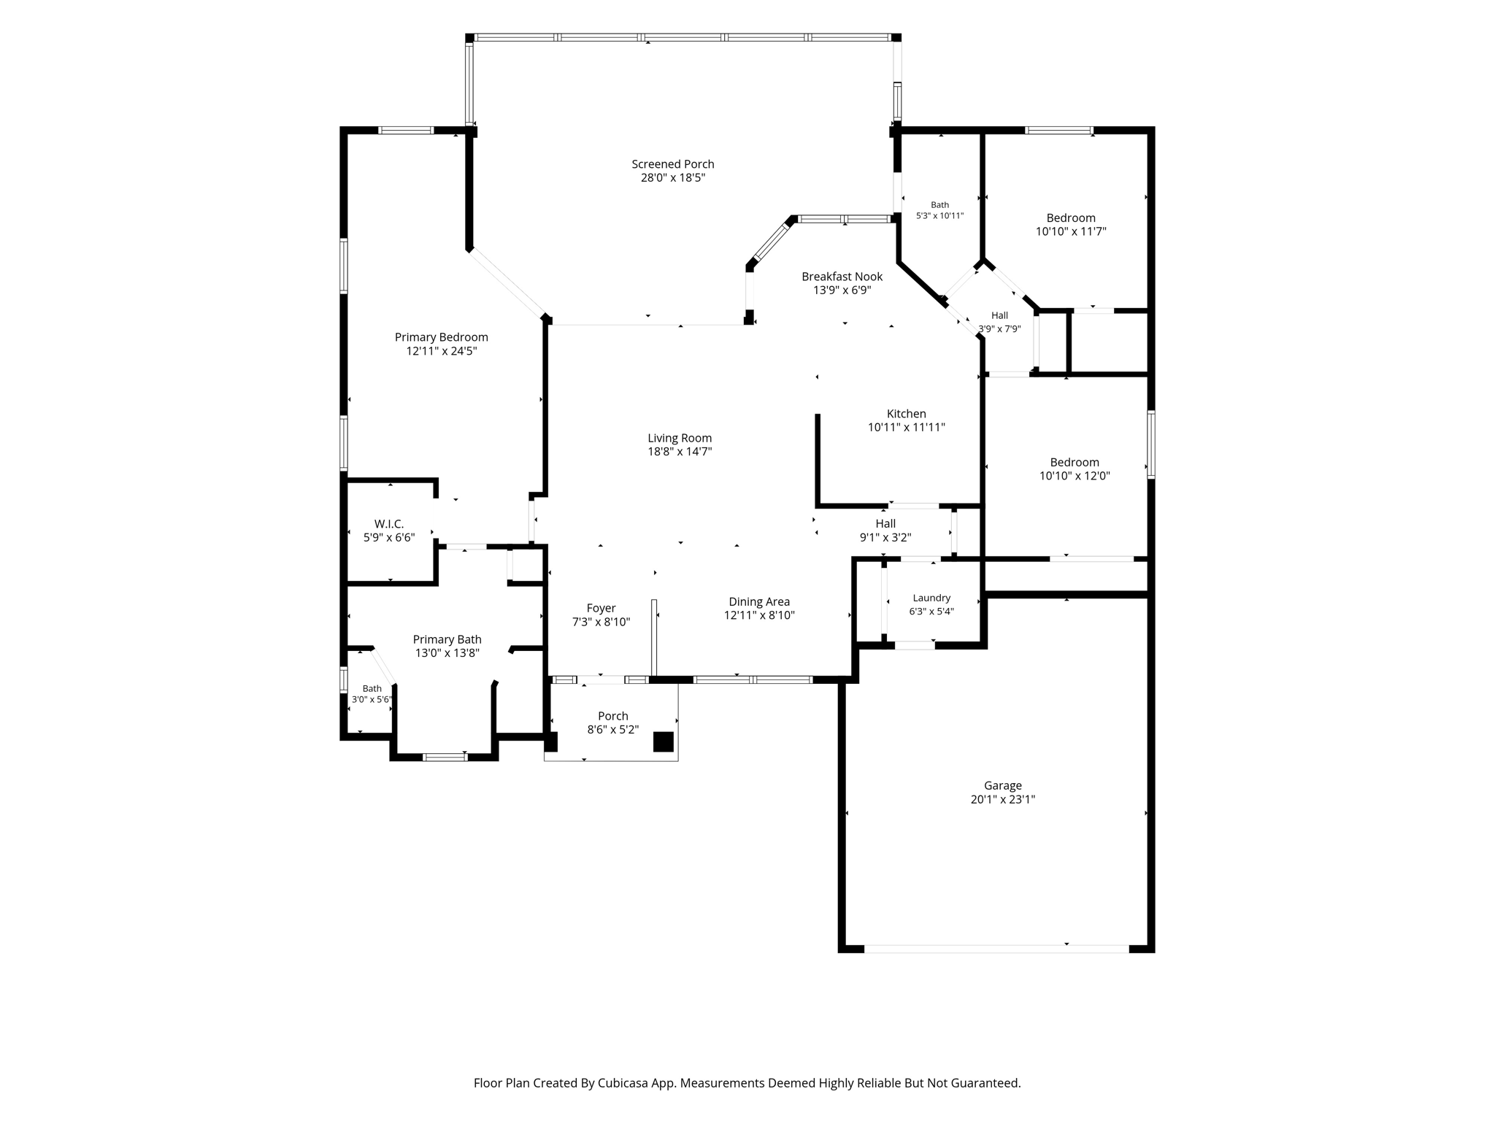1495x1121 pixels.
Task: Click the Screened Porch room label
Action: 673,164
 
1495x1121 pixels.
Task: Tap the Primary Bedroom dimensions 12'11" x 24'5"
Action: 442,351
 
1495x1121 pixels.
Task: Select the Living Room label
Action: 680,438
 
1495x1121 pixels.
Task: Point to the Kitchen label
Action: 907,414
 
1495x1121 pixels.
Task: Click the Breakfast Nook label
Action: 842,277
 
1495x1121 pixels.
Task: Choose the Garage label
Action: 1002,786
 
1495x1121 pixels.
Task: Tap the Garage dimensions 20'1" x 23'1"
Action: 1003,799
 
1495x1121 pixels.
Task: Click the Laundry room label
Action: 931,598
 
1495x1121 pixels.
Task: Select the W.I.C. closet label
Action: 389,524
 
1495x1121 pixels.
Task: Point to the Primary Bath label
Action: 447,640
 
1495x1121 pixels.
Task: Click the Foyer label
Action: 602,609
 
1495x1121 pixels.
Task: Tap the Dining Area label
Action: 759,602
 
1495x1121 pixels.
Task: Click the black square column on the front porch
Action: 663,741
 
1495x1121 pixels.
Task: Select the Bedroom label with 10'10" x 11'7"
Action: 1071,218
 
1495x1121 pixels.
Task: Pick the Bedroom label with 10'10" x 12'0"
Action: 1075,463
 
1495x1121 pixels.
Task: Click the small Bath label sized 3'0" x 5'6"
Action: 372,689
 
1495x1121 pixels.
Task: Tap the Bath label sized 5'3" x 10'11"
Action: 940,205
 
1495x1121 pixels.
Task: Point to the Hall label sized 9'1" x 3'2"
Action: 885,524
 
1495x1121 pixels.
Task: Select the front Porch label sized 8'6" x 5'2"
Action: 613,717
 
